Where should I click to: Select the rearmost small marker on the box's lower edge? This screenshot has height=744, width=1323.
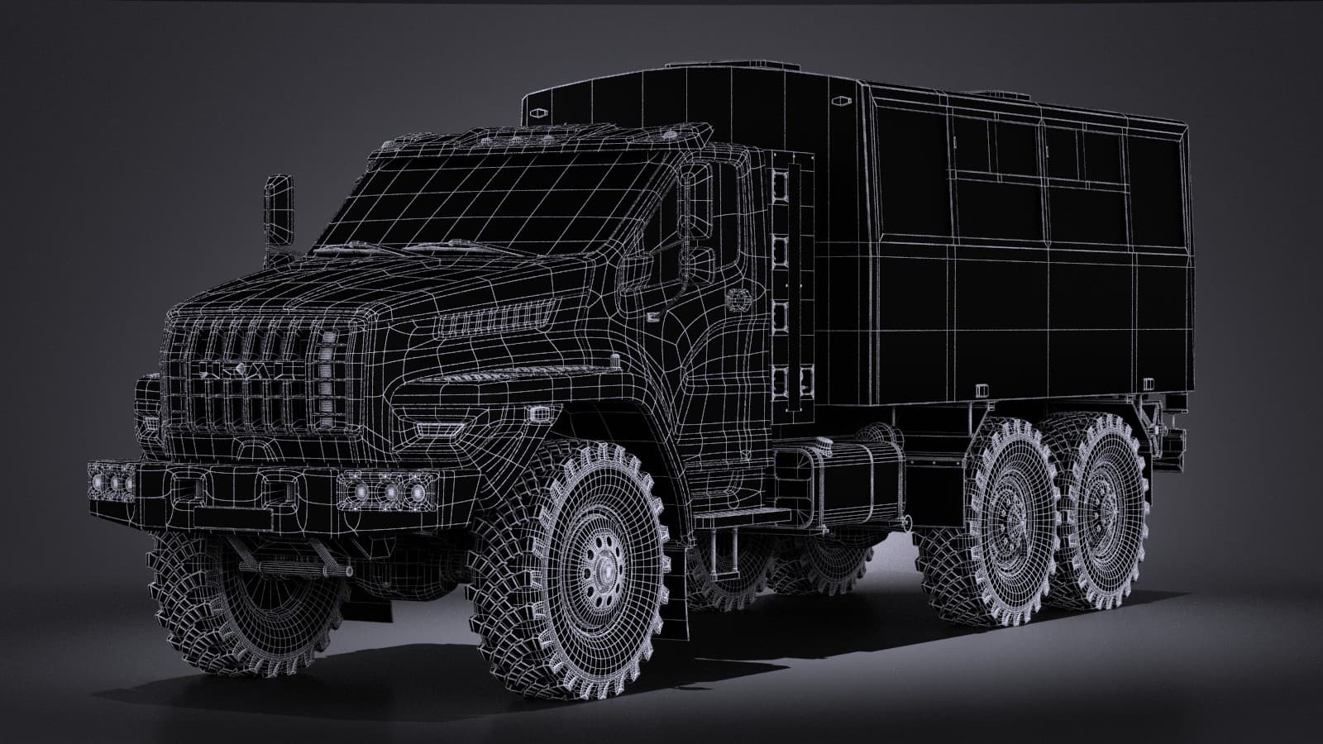point(1149,384)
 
